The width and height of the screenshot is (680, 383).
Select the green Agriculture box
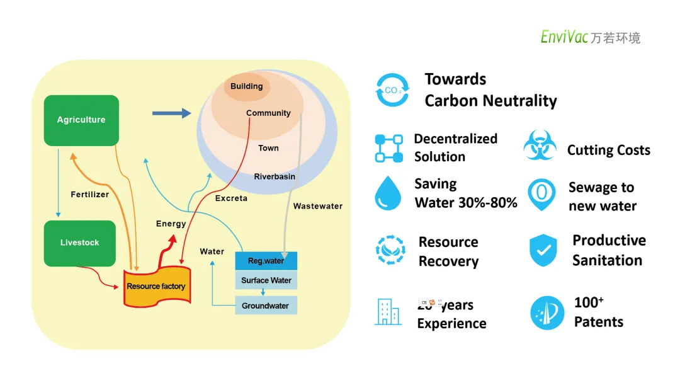coord(81,120)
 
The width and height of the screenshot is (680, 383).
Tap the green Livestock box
coord(80,243)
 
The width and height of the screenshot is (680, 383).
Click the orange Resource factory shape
coord(156,287)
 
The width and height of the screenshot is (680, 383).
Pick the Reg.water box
coord(266,261)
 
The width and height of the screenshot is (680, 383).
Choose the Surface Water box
coord(266,280)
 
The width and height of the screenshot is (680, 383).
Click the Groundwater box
coord(266,306)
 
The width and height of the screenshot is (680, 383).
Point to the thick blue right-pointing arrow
coord(171,113)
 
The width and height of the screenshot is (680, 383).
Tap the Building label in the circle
coord(246,86)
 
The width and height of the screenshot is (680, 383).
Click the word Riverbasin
coord(275,176)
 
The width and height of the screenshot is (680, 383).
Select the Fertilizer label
coord(90,195)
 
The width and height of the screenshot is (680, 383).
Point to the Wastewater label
coord(318,206)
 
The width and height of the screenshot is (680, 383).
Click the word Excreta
coord(231,198)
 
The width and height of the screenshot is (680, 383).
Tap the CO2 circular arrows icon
coord(392,90)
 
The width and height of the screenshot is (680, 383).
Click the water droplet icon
coord(388,193)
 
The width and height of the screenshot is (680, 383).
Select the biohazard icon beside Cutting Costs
coord(540,146)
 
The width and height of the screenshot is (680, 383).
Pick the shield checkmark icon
coord(543,250)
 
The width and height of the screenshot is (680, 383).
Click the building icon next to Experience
coord(388,312)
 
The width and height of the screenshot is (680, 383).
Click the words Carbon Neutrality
coord(490,101)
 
